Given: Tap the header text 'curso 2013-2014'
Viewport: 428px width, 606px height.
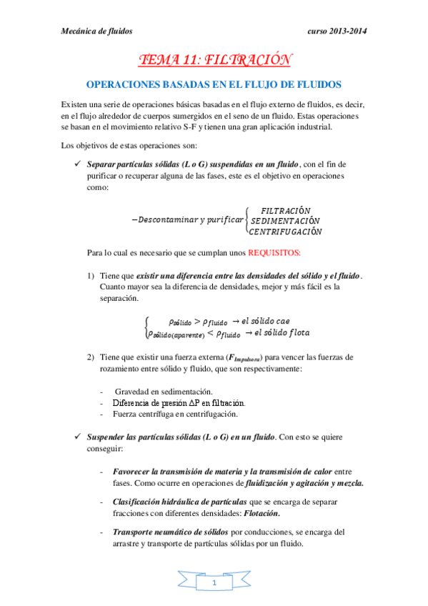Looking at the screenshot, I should click(337, 31).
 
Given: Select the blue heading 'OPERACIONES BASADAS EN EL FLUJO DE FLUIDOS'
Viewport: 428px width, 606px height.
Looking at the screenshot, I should click(214, 84).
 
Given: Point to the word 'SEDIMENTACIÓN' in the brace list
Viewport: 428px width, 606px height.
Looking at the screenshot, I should click(285, 221).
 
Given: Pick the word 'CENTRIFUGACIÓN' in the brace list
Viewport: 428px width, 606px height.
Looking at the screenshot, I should click(285, 232).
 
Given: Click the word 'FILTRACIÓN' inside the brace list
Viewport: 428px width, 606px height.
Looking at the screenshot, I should click(286, 211).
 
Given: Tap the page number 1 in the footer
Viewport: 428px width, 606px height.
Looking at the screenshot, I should click(214, 585).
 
